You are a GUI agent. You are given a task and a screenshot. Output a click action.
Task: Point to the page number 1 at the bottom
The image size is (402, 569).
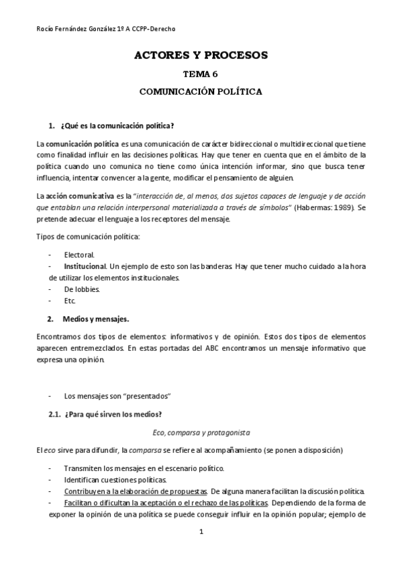(201, 532)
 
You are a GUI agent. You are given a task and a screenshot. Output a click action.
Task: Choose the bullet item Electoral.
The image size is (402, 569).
(79, 255)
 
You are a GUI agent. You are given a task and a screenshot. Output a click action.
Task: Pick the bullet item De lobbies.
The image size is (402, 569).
(82, 289)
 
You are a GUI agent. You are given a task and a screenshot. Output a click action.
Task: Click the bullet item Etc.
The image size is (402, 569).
(70, 301)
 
